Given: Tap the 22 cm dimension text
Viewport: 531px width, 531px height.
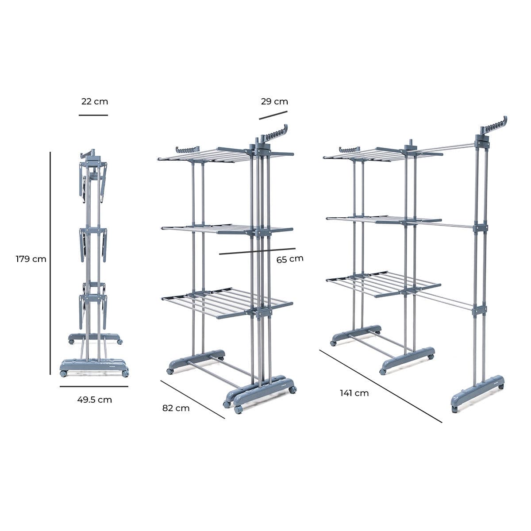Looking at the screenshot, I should point(94,101).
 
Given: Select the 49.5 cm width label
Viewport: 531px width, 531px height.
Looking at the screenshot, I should point(94,400).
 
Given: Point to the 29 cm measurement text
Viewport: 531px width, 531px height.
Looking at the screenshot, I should point(274,101).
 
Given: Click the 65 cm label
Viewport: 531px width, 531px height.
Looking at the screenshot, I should point(290,259).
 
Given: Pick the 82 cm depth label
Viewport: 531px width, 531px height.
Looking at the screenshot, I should point(176,408).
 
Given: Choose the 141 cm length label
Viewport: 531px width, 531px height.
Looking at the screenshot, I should point(354,392).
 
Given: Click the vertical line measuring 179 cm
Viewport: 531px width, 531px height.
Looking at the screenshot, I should point(50,263).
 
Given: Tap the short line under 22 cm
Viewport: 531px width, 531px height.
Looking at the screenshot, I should point(93,115).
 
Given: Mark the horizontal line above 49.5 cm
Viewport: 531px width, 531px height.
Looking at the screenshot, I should point(94,386).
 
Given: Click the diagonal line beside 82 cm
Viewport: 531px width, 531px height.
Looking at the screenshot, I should point(193,399).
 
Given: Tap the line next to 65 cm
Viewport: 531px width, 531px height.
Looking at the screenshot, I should point(257,251).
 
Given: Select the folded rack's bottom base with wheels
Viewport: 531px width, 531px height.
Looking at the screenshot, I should point(94,367).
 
